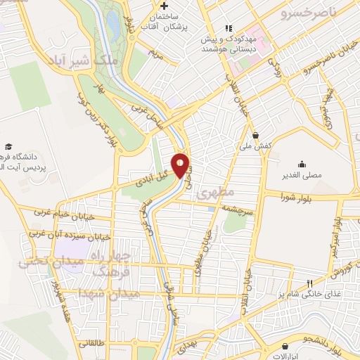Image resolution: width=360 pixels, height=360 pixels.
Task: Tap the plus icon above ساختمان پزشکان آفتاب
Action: pos(163,6)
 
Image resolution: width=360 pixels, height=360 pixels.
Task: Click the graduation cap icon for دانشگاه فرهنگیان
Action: pos(8,146)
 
